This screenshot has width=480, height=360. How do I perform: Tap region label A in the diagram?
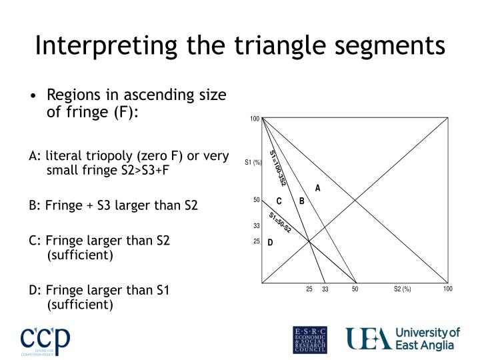coord(318,188)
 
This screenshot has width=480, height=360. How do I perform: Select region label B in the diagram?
coord(301,201)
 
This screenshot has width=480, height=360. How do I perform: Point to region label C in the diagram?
coord(279,201)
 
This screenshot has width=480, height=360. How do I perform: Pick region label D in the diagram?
coord(271,243)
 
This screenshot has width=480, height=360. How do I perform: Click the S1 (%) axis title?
coord(253,162)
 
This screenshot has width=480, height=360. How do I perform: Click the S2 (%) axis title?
coord(402,289)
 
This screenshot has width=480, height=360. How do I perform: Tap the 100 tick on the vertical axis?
coord(255,119)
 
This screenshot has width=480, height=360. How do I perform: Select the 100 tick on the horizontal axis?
coord(448,289)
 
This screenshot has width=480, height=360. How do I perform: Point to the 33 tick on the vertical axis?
coord(256,226)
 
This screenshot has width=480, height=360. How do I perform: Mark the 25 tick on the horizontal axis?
coord(309,289)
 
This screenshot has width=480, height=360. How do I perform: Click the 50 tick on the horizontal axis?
coord(355,289)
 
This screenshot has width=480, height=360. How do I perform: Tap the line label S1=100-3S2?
coord(277,167)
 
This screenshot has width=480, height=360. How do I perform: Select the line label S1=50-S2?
coord(280,222)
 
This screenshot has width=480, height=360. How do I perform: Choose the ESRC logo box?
coord(310,339)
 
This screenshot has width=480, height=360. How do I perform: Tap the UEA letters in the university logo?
coord(367,339)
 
